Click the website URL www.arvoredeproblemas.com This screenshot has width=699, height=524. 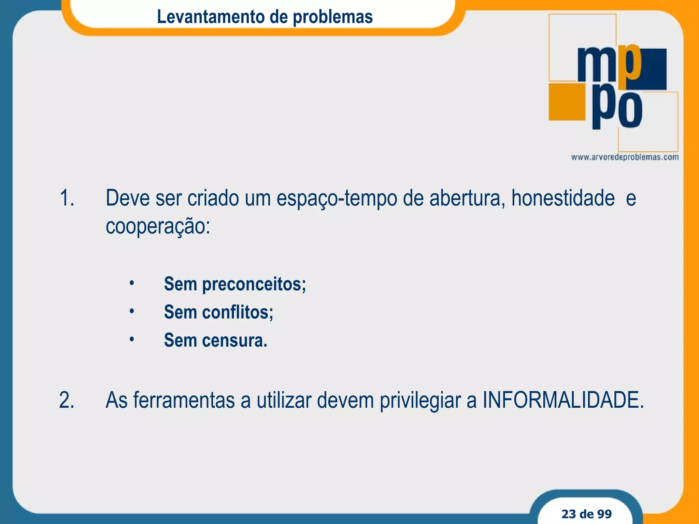point(625,157)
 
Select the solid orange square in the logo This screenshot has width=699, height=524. point(567,102)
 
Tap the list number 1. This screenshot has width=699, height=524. point(67,198)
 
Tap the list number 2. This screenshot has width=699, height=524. point(67,400)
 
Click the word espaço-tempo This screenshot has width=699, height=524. point(337,199)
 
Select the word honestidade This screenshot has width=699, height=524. point(563,198)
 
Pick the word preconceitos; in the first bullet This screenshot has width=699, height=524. point(254,284)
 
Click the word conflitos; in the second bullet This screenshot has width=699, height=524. point(238,312)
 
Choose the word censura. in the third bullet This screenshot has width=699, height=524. point(234,340)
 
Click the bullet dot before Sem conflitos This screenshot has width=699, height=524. point(132,311)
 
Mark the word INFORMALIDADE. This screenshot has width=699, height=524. point(563,400)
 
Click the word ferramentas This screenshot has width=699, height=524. point(184,400)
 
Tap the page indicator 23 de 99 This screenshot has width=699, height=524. point(586,514)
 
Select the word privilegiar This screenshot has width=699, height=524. point(420,401)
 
